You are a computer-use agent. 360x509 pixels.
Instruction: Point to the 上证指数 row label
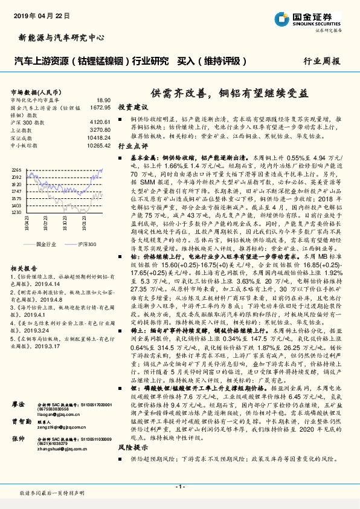coord(22,130)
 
